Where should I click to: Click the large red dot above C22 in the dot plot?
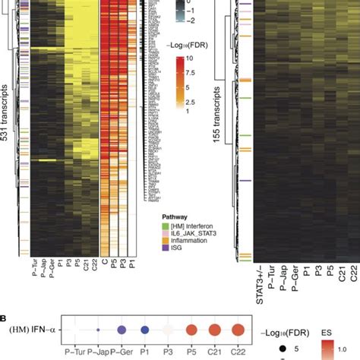[239, 331]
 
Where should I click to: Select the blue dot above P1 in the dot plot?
[145, 331]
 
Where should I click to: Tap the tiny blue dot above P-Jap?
[98, 330]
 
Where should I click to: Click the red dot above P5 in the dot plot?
[192, 331]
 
